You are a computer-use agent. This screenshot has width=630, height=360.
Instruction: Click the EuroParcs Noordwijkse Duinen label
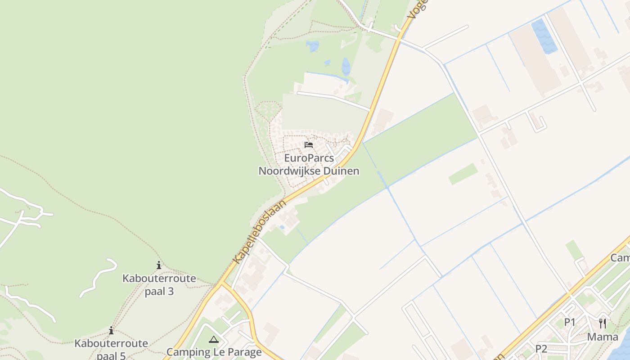[309, 165]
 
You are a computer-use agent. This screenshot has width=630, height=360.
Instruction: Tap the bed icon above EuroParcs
[309, 145]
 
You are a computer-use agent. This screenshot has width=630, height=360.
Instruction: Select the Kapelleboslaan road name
[260, 232]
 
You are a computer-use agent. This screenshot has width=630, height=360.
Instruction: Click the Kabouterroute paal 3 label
[159, 284]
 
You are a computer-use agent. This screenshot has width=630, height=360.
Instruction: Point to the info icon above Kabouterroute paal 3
[158, 265]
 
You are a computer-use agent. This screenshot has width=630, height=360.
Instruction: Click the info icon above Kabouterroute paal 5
[111, 331]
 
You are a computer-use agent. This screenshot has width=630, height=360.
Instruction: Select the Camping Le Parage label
[214, 352]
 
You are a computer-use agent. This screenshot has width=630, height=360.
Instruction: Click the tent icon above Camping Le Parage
[214, 339]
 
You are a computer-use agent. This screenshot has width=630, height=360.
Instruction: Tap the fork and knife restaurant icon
[603, 323]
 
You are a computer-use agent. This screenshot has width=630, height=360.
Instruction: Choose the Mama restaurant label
[603, 337]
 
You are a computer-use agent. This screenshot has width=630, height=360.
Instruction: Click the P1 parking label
[570, 322]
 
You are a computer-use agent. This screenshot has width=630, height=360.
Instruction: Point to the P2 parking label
[541, 349]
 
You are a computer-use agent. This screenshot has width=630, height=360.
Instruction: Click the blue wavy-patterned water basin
[544, 36]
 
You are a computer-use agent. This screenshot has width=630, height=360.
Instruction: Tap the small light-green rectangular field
[463, 174]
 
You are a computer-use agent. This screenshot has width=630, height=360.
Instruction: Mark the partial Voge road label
[417, 9]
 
